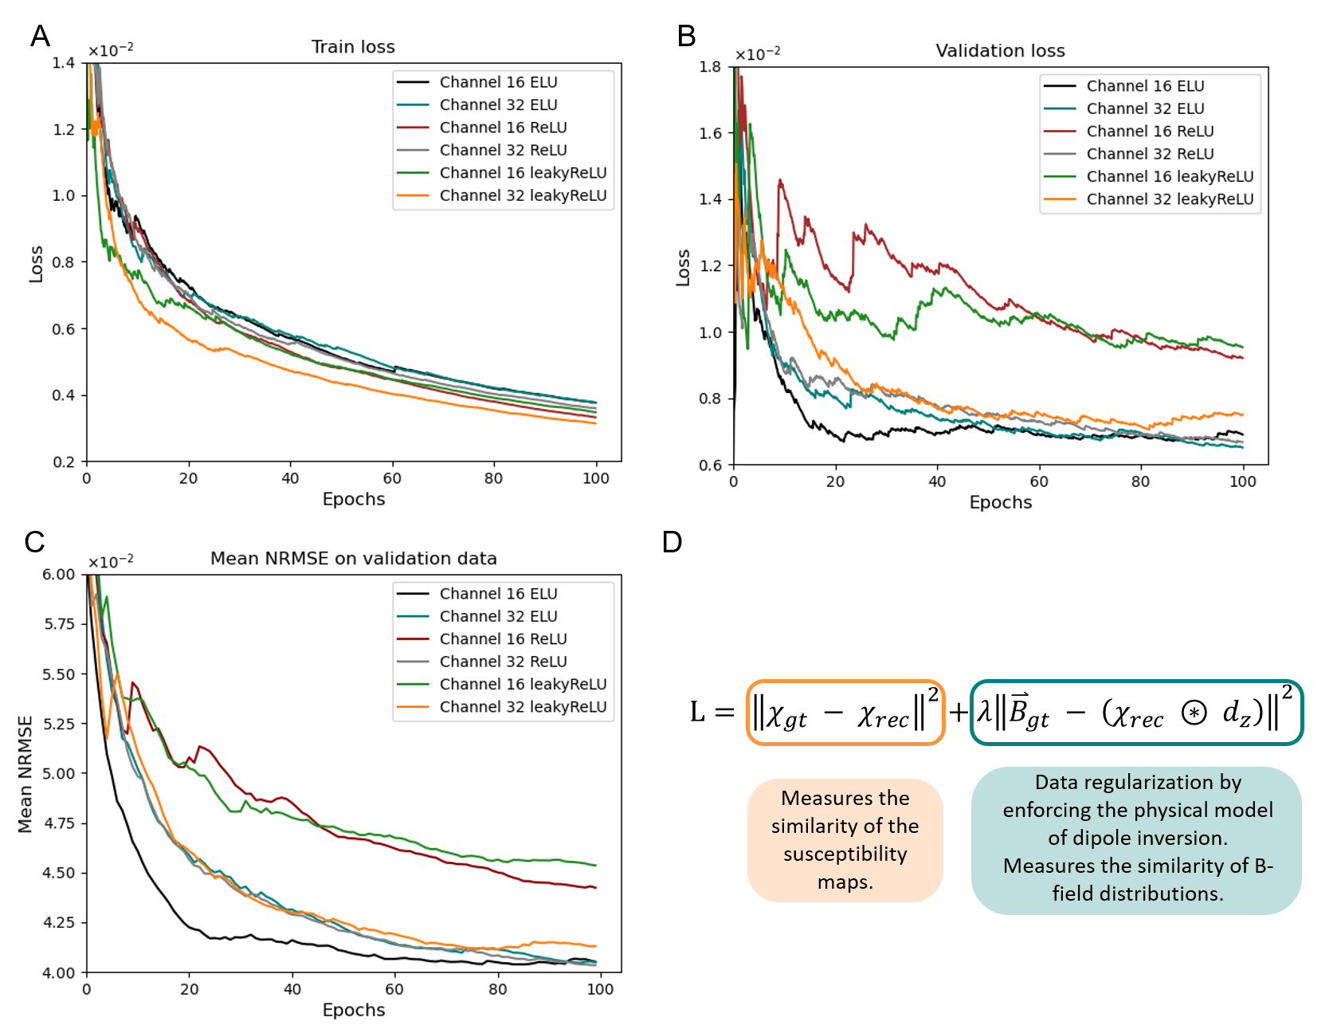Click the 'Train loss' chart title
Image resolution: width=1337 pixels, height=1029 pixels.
pyautogui.click(x=353, y=47)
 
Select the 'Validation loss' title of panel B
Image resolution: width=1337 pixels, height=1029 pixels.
pyautogui.click(x=1000, y=51)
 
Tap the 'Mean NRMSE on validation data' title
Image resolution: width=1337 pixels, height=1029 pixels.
pyautogui.click(x=353, y=559)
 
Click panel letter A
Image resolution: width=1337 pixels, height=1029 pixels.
pyautogui.click(x=40, y=36)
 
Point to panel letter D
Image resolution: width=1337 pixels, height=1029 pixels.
pyautogui.click(x=672, y=543)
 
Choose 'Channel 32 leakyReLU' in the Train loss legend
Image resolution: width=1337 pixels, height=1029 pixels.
pyautogui.click(x=523, y=195)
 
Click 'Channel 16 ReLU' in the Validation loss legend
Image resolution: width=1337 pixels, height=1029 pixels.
pyautogui.click(x=1150, y=132)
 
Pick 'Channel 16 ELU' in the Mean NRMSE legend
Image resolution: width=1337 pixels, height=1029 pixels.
pyautogui.click(x=498, y=594)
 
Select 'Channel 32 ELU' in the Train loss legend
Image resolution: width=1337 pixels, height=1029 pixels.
pyautogui.click(x=498, y=105)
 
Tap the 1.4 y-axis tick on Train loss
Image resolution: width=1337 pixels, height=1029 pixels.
pyautogui.click(x=64, y=63)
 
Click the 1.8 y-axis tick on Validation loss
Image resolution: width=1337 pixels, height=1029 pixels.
pyautogui.click(x=711, y=67)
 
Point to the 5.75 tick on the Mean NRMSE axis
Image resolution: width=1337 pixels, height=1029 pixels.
pyautogui.click(x=58, y=624)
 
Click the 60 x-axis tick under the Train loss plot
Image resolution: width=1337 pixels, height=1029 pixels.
pyautogui.click(x=392, y=478)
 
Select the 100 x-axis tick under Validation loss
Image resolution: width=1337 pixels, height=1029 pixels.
pyautogui.click(x=1242, y=481)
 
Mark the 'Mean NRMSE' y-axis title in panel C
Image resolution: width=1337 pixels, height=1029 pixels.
pyautogui.click(x=25, y=774)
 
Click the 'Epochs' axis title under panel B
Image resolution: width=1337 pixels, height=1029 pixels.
pyautogui.click(x=1000, y=502)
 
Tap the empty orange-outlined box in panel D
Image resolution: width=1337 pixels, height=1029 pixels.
pyautogui.click(x=845, y=713)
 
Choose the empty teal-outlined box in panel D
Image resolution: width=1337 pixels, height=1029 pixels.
pyautogui.click(x=1136, y=713)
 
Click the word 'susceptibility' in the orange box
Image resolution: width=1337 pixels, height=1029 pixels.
pyautogui.click(x=845, y=854)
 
